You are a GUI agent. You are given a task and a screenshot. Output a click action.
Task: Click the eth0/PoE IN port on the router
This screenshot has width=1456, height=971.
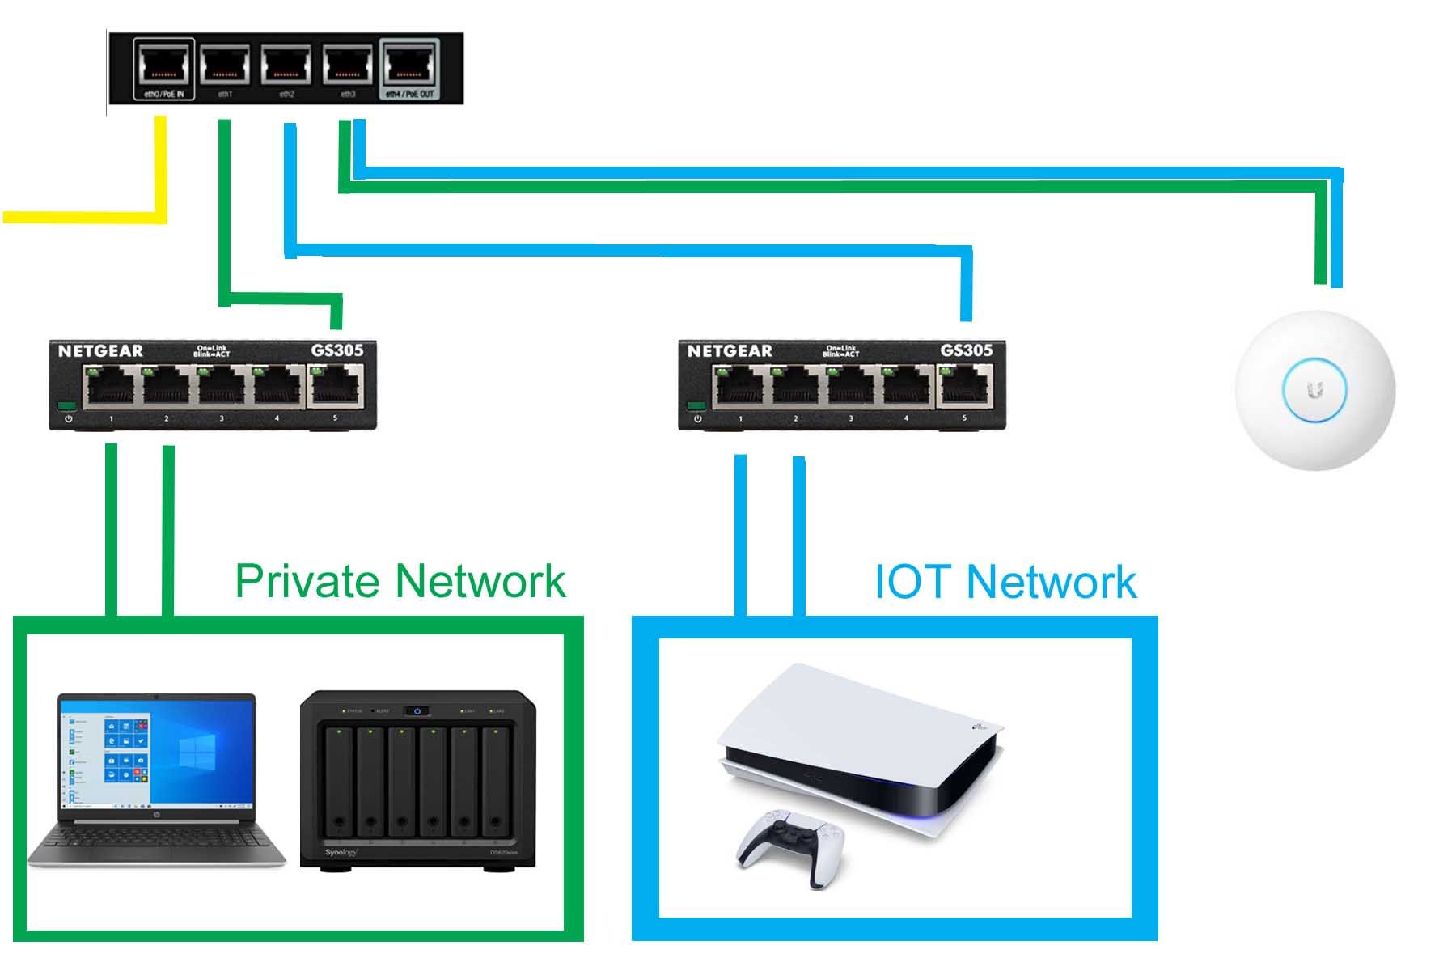(164, 65)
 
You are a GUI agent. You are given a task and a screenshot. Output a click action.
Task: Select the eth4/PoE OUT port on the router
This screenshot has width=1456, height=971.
(409, 65)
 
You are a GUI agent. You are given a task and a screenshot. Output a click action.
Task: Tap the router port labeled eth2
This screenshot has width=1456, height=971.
(287, 65)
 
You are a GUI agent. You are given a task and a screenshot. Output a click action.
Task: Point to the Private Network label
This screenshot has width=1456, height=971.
(400, 581)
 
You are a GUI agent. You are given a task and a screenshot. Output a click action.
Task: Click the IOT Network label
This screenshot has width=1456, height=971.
(1005, 581)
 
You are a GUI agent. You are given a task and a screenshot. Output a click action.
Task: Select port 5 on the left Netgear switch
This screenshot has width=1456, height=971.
(336, 386)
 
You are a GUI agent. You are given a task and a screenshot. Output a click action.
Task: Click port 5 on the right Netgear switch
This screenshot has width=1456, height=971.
(965, 386)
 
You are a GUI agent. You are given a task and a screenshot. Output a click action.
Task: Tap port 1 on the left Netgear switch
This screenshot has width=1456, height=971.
(110, 387)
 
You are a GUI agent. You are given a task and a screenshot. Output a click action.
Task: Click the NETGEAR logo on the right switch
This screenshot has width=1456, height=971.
(730, 350)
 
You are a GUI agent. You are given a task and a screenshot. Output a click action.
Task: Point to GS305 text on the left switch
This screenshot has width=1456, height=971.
(337, 350)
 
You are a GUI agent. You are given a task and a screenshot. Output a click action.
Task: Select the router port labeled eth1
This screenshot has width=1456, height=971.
(226, 65)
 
